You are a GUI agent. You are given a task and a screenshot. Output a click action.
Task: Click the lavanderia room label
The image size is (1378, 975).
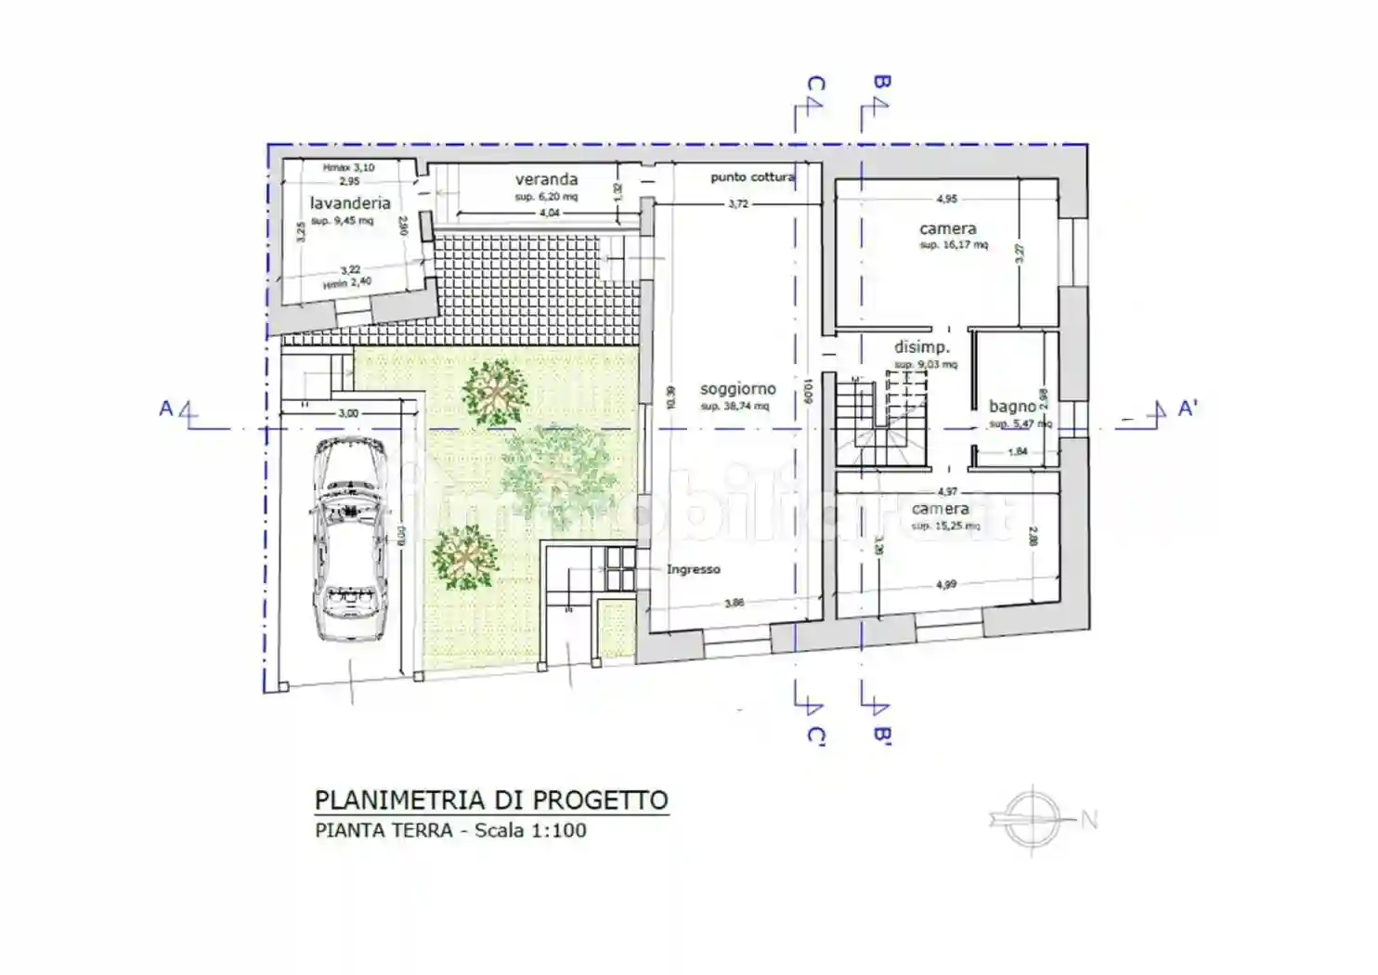pos(350,202)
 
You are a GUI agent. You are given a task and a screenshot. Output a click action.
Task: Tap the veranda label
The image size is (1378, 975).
pos(546,179)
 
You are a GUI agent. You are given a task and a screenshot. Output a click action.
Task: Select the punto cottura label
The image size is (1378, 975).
pos(752,176)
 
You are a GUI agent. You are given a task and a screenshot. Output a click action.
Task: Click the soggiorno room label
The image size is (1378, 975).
pos(737,389)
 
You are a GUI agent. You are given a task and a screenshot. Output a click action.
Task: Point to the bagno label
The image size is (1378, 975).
pos(1012,406)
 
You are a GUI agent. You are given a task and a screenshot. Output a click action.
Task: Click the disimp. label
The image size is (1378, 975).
pos(921,347)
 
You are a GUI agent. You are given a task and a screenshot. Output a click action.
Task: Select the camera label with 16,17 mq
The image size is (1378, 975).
pos(947,228)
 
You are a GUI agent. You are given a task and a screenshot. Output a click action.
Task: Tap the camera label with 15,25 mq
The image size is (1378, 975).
pos(940,509)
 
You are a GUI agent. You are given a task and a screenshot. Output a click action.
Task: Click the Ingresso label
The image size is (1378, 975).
pos(693,569)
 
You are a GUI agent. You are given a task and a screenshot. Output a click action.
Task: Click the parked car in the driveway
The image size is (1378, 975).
pos(351,539)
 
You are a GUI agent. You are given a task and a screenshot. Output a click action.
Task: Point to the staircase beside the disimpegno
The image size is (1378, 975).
pos(880,422)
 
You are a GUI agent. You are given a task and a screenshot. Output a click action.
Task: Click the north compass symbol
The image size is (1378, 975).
pos(1033,818)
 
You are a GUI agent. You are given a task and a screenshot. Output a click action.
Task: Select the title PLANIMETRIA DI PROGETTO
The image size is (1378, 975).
pos(491,799)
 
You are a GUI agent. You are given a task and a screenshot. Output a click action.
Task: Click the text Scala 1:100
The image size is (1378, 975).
pos(530,830)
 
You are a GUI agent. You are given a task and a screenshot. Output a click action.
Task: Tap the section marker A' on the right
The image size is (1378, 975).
pos(1186,409)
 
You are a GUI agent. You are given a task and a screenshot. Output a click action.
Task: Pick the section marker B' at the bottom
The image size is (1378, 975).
pos(881,735)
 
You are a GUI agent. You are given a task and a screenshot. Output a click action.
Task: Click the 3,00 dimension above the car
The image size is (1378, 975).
pos(347,413)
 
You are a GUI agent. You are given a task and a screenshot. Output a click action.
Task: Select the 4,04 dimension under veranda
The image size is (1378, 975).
pos(549,213)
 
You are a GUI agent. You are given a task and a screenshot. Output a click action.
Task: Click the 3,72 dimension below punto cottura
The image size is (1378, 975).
pos(737,203)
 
